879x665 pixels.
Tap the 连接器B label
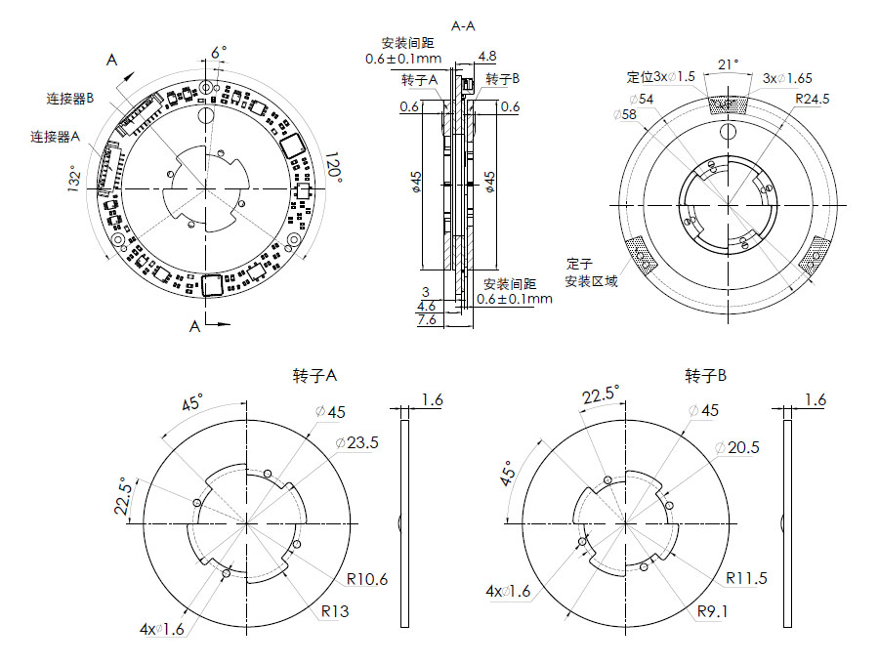69,99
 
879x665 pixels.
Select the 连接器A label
55,138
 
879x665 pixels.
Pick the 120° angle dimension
334,167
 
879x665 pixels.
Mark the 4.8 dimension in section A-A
486,57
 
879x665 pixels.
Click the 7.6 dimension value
427,320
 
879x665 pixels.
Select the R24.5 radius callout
813,99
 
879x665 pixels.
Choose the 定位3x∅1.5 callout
660,77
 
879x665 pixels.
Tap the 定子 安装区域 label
592,272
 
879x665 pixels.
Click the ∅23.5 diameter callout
356,443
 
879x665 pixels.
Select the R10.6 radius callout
366,579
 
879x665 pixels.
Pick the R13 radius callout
334,612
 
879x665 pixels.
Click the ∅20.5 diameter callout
737,447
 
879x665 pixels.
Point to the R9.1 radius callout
714,612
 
